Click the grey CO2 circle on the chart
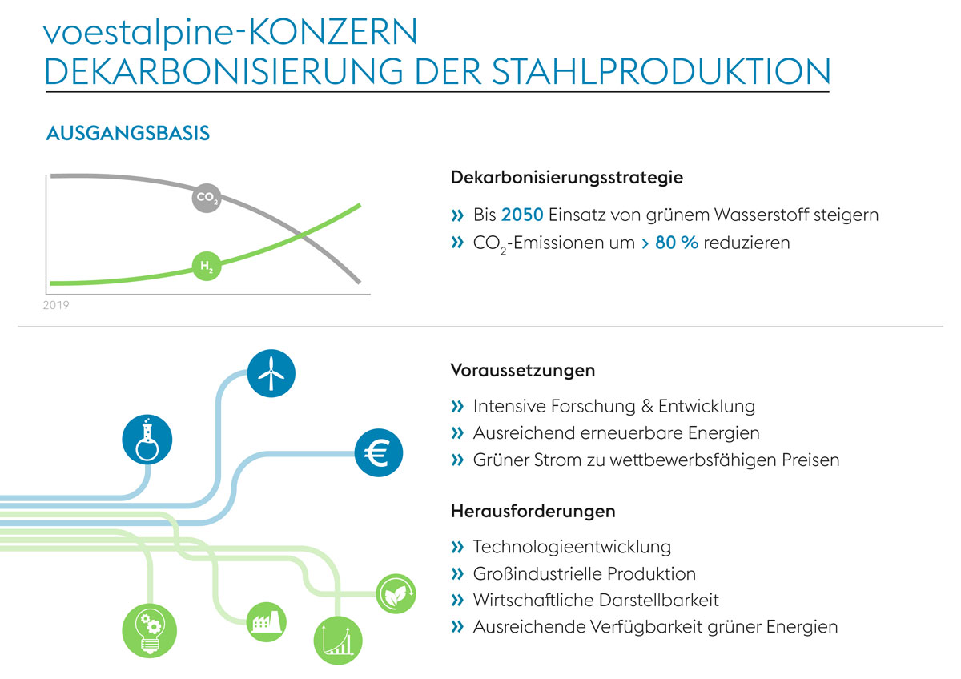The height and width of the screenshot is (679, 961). [206, 197]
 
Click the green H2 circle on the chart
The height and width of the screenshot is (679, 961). [206, 265]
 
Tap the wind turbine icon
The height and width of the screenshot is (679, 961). [271, 372]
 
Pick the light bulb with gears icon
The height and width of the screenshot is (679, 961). [148, 629]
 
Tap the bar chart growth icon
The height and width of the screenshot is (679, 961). [337, 640]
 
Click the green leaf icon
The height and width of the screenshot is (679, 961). [396, 594]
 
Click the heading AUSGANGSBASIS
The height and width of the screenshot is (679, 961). [128, 133]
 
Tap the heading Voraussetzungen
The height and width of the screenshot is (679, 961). [523, 371]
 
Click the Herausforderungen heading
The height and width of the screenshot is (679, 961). [533, 510]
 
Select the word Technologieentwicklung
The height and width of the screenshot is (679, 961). [572, 547]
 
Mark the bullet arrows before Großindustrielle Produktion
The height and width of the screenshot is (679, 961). [457, 573]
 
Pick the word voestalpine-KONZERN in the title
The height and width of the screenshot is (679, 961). [231, 31]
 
